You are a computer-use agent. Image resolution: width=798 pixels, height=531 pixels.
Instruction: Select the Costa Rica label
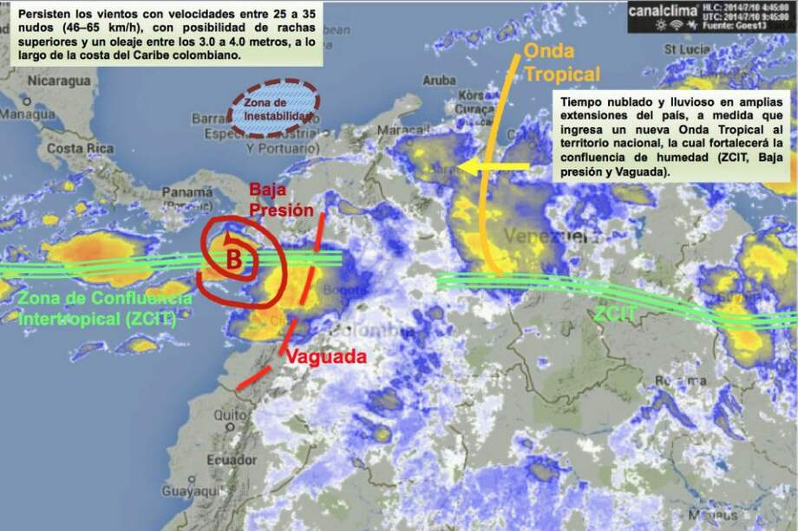[x=80, y=148]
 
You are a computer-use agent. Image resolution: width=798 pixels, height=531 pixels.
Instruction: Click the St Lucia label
[x=687, y=49]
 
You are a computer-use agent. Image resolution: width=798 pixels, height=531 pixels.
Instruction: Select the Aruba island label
[x=439, y=81]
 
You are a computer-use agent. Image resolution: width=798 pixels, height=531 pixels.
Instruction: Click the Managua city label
[x=28, y=113]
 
